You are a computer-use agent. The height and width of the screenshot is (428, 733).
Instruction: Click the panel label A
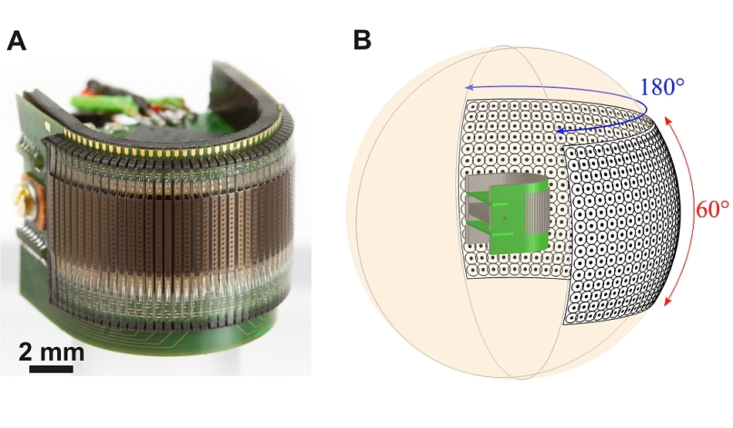pyautogui.click(x=16, y=41)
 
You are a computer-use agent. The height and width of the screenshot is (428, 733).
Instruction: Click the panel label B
pyautogui.click(x=363, y=40)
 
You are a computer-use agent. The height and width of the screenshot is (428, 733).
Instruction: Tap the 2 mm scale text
pyautogui.click(x=52, y=352)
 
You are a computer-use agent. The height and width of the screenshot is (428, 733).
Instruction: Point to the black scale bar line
pyautogui.click(x=52, y=369)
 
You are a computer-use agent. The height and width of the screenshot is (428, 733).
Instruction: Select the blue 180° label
pyautogui.click(x=661, y=87)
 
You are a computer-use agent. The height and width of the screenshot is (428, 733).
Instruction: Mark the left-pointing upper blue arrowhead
pyautogui.click(x=469, y=87)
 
